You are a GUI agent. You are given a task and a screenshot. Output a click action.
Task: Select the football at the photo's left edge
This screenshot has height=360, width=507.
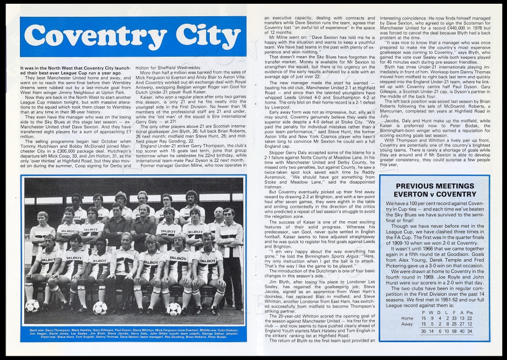[x=32, y=305]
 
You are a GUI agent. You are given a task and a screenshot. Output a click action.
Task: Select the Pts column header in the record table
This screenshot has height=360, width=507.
[x=469, y=311]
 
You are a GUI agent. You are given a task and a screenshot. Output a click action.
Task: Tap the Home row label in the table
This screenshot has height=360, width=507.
[x=407, y=318]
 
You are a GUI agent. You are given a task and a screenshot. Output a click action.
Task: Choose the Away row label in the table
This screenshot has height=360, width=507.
[x=407, y=324]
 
